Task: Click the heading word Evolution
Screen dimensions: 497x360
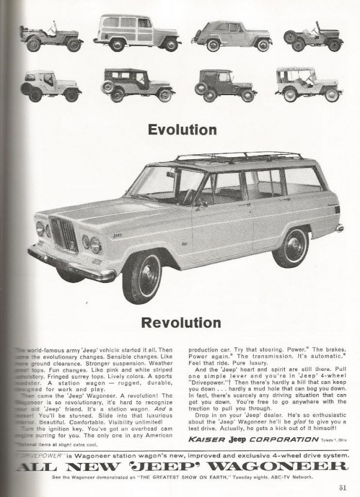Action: (182, 129)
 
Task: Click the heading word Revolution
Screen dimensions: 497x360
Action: (181, 323)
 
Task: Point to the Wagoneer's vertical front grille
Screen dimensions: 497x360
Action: (63, 234)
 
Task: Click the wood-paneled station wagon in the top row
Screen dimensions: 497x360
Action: (137, 32)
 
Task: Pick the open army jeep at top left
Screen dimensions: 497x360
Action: (50, 38)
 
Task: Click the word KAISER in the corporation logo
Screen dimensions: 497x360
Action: (207, 439)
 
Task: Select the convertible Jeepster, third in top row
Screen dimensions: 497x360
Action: (231, 35)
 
